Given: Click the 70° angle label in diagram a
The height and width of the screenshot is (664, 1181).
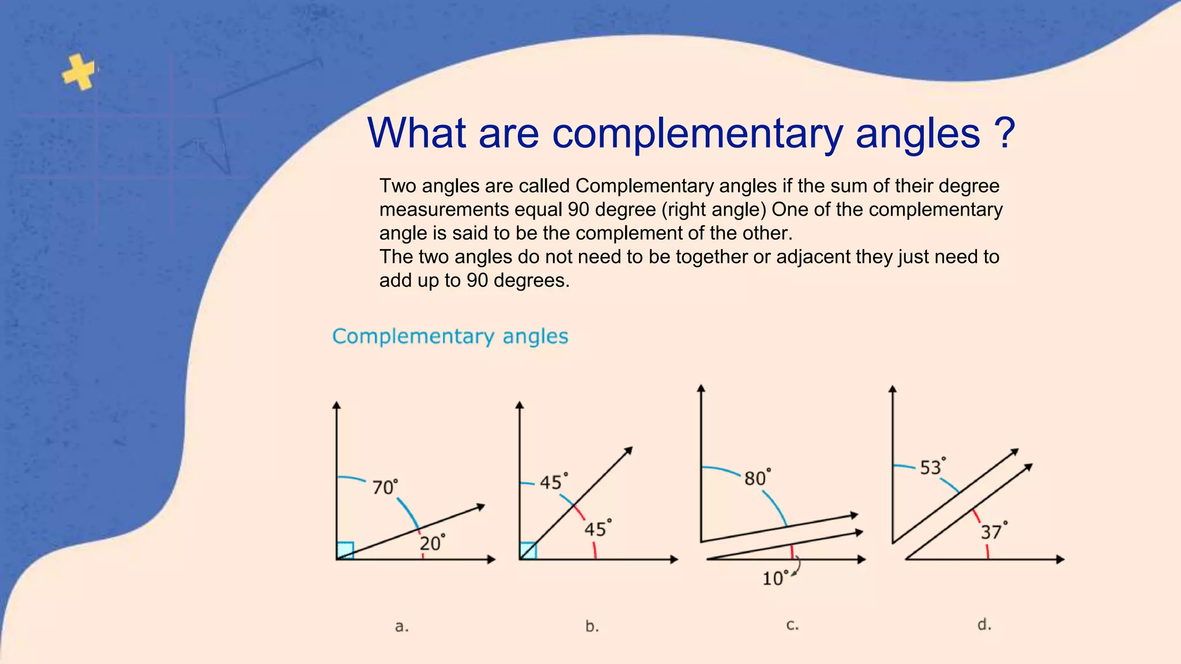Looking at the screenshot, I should pos(385,488).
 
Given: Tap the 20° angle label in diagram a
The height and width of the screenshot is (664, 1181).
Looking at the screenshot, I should pos(432,543).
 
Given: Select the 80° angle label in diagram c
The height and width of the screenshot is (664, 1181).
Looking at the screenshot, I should pos(757,478).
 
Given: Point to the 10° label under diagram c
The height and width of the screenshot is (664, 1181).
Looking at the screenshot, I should pos(774,578).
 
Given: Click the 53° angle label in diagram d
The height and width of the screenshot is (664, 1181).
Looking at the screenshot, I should pos(932,467).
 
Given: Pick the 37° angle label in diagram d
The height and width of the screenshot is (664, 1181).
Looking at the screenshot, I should pos(994,531).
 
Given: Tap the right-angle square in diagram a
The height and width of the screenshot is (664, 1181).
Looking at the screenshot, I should pos(345,550).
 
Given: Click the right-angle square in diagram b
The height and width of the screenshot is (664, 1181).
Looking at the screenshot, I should pos(528,550).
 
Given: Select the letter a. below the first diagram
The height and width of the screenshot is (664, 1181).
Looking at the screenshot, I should pos(401,627).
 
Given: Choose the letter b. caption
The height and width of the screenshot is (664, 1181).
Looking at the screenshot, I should pos(592,626).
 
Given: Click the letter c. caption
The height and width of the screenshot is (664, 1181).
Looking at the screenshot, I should pos(792,625).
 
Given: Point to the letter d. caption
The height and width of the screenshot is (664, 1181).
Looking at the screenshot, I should pos(984,624).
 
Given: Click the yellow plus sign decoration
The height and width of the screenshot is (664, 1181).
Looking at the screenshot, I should pos(79,72).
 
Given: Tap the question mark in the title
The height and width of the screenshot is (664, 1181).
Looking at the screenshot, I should pos(1005,133).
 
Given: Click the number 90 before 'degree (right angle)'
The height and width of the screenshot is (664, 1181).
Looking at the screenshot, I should pos(578,209).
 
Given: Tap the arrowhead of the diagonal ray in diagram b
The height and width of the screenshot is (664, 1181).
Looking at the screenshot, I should pos(629,450).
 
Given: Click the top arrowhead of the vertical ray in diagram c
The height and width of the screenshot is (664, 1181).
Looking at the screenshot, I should pos(701,388).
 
